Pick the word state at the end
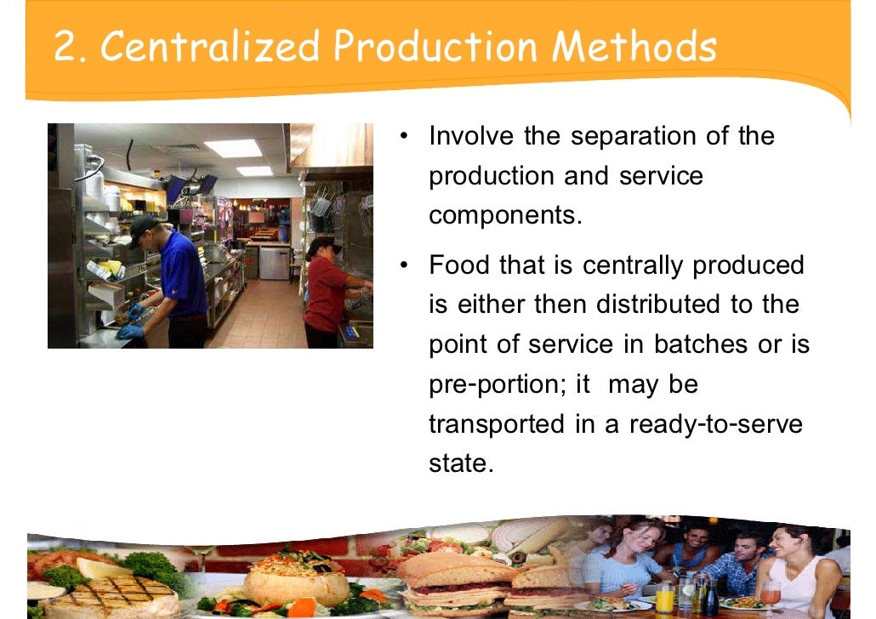(x=460, y=464)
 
